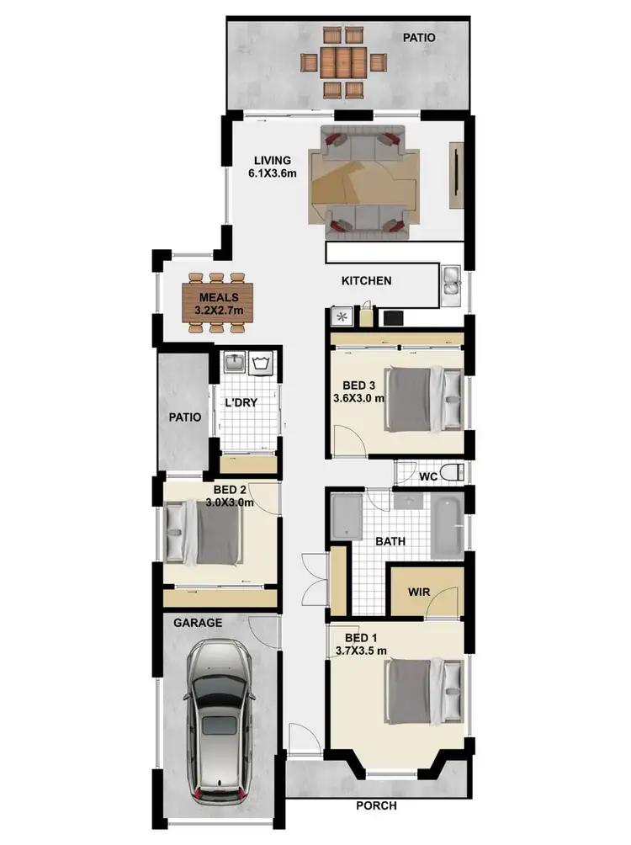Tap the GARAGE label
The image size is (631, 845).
[198, 623]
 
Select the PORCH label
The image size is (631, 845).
[376, 805]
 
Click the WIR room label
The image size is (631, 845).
[419, 592]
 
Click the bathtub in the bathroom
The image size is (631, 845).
[447, 527]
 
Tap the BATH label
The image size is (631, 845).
[390, 541]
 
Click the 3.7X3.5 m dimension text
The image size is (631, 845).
[361, 651]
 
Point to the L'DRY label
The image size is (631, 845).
[241, 402]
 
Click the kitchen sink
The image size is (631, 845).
[450, 283]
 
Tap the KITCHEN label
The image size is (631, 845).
[366, 280]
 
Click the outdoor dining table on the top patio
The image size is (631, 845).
[342, 62]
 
